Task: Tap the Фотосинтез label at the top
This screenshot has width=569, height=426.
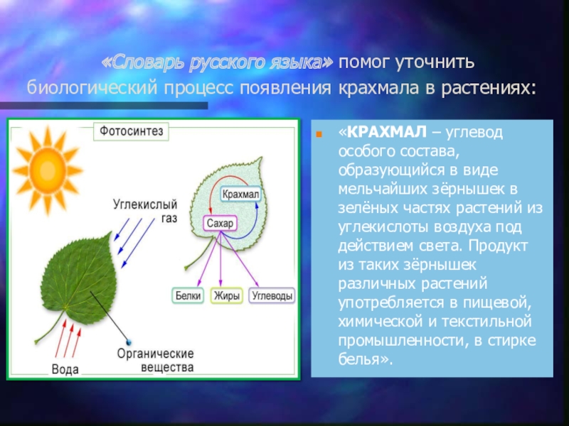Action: coord(131,131)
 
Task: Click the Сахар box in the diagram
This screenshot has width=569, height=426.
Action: coord(220,223)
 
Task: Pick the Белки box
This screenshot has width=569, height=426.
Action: coord(189,295)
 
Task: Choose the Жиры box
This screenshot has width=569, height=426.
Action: coord(227,295)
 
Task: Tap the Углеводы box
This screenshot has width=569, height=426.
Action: coord(273,295)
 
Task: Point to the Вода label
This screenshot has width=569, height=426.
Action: coord(65,369)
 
